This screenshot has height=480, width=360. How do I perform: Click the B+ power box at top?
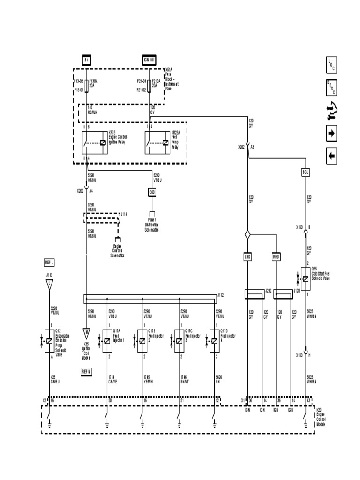[x=86, y=60]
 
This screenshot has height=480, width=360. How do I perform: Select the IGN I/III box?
[x=149, y=60]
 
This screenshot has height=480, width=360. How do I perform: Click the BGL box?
[x=306, y=172]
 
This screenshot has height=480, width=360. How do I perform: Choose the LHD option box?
[x=247, y=257]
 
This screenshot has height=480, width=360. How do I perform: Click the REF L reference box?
[x=49, y=262]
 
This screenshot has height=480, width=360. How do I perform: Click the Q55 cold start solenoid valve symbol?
[x=305, y=279]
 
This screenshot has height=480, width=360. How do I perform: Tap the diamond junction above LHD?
[x=247, y=233]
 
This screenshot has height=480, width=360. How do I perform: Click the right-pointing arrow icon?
[x=331, y=134]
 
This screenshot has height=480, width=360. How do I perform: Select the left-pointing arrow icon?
[x=331, y=156]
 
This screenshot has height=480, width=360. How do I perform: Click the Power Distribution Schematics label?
[x=152, y=225]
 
